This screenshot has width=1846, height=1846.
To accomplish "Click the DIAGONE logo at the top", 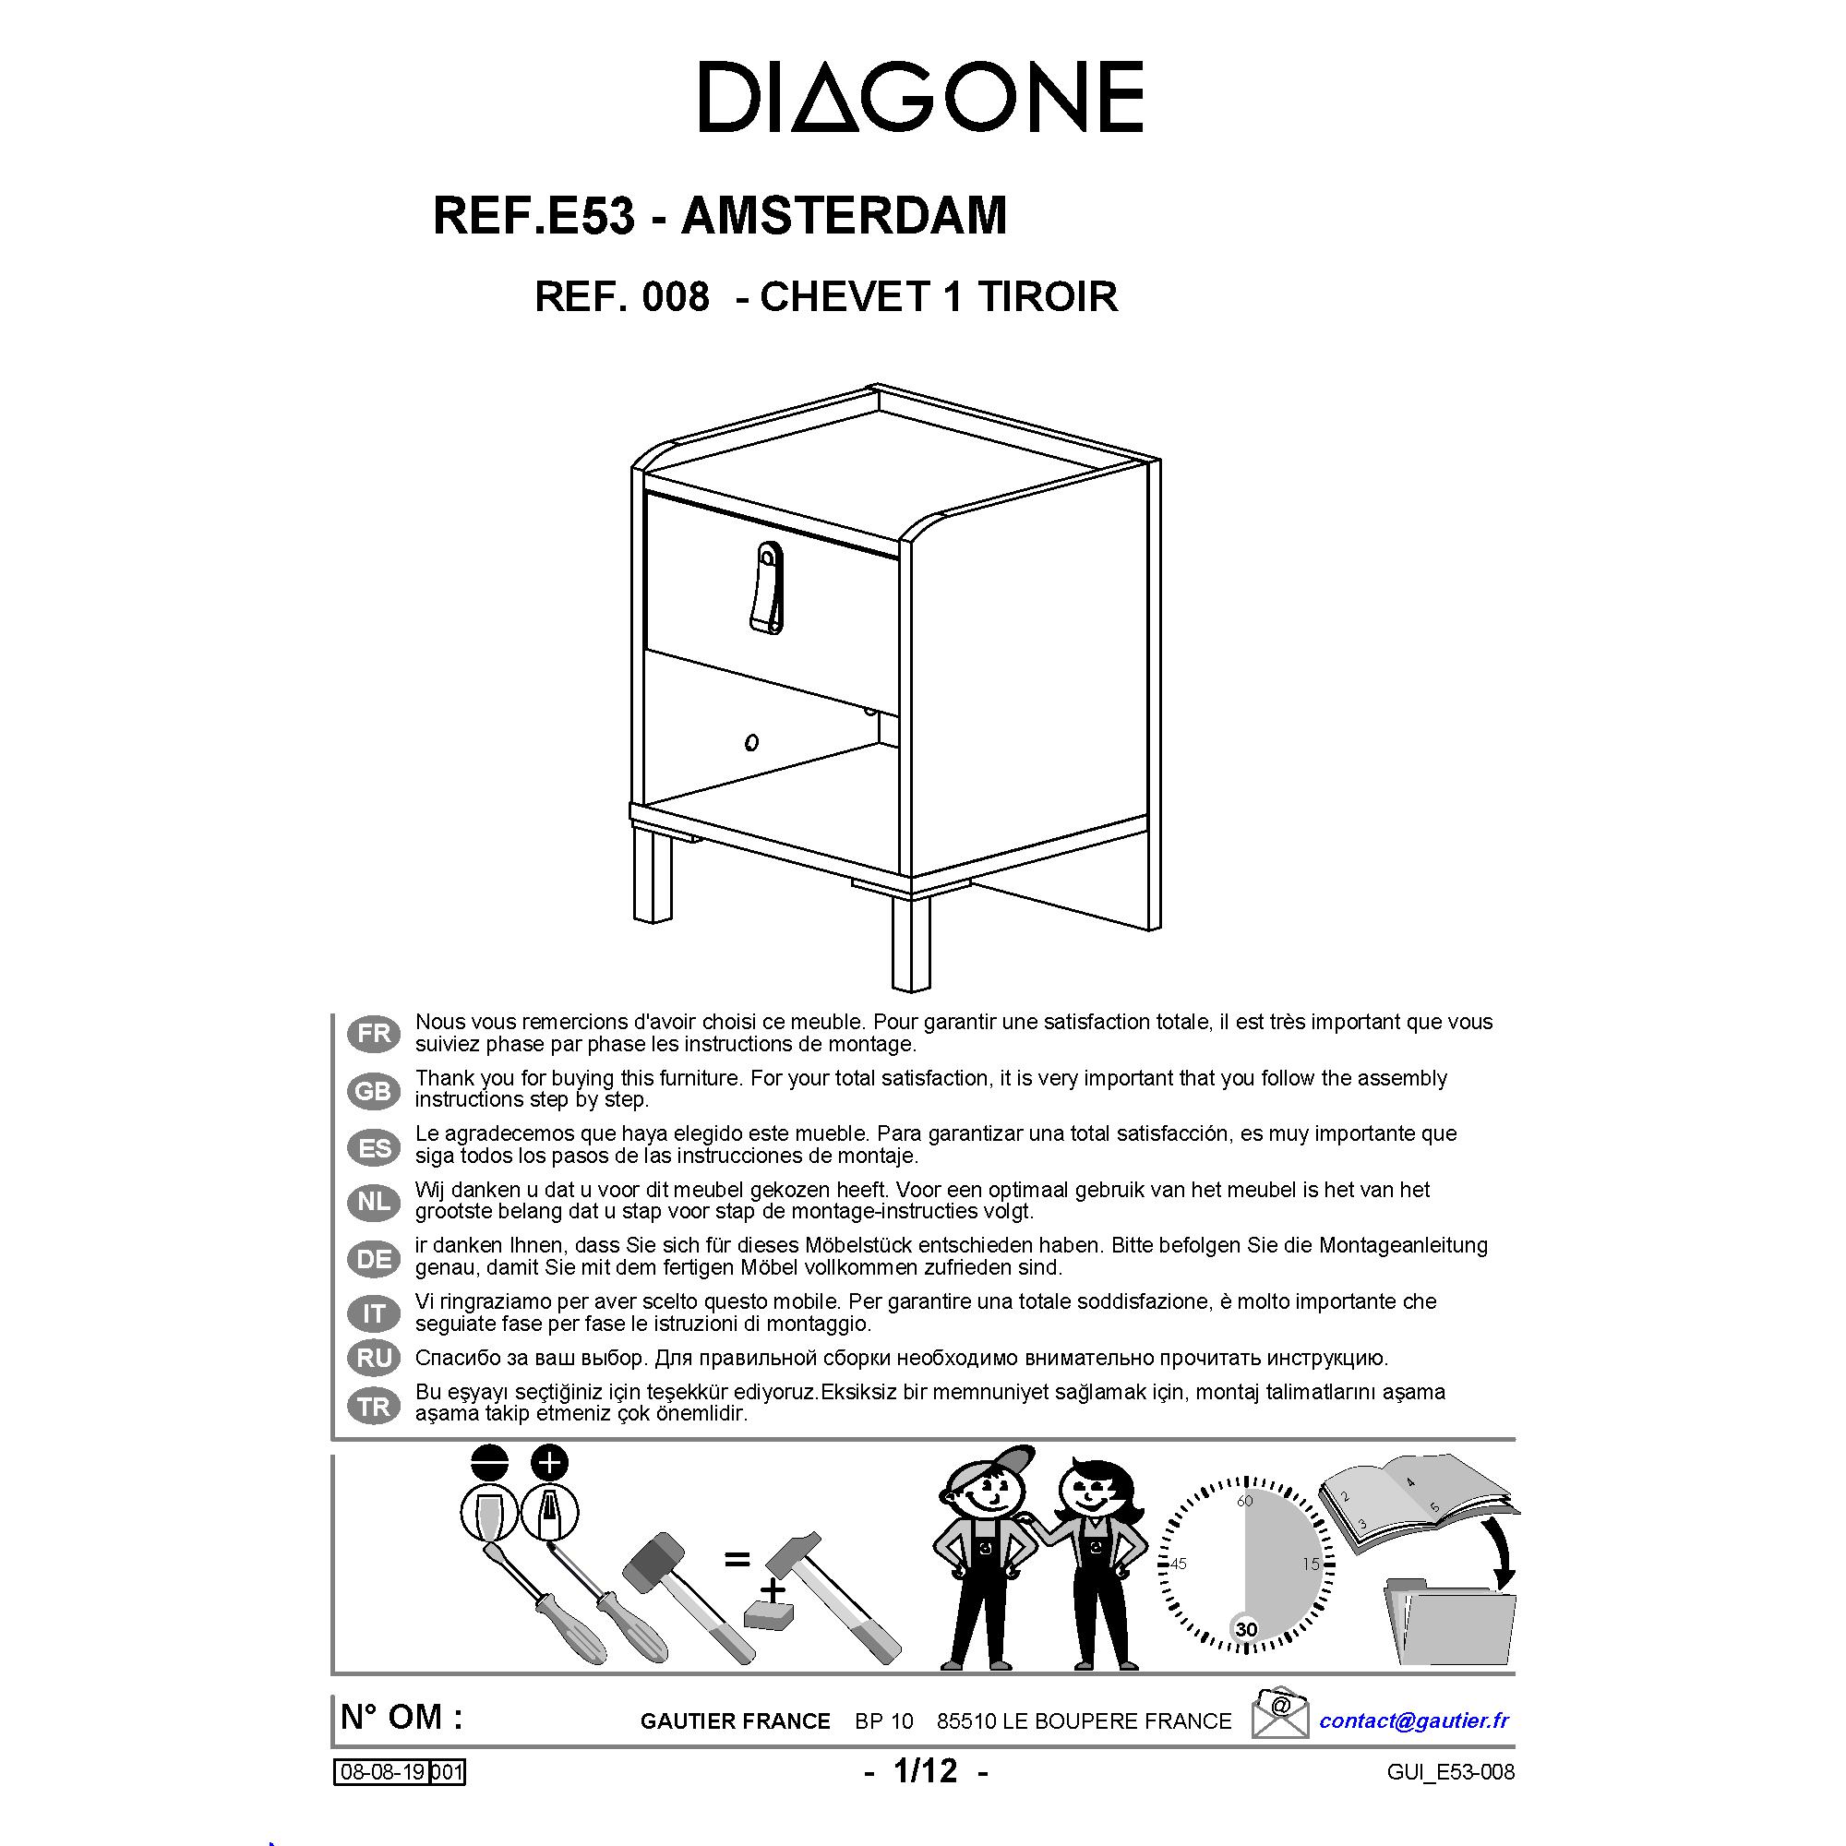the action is (x=921, y=97).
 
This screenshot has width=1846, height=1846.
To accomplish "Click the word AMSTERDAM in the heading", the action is (x=844, y=215).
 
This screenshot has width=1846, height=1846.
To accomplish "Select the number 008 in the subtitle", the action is (x=677, y=297).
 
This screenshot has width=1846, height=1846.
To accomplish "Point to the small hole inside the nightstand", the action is (x=752, y=741).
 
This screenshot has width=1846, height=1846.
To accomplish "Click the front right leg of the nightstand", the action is (x=911, y=941).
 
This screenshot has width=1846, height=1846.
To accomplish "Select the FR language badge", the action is (x=375, y=1033).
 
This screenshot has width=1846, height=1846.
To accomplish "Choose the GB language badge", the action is (x=375, y=1090).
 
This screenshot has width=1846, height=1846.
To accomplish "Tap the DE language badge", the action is (x=375, y=1258).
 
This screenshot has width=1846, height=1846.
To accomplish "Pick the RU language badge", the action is (x=375, y=1358).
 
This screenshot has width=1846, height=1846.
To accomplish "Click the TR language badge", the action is (x=375, y=1407).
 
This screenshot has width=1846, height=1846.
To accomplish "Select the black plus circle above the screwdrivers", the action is (x=548, y=1463).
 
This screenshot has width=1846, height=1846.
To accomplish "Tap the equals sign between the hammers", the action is (x=736, y=1560).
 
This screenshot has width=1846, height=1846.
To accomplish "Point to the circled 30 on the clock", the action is (x=1246, y=1629).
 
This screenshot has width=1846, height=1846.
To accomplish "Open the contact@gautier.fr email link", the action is (x=1414, y=1720).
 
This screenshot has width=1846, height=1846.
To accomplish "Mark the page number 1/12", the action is (x=925, y=1770).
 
